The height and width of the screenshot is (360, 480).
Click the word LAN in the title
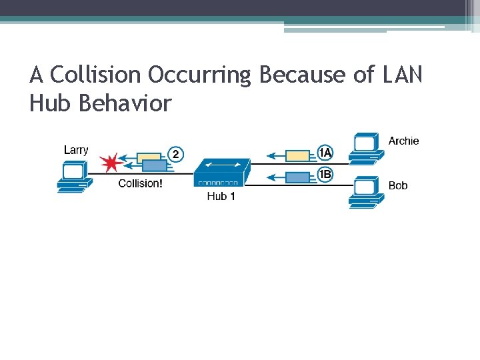tap(402, 75)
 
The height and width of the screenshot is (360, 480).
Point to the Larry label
tap(76, 150)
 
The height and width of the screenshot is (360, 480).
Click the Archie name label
tap(404, 141)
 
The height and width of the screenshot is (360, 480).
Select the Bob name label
tap(398, 185)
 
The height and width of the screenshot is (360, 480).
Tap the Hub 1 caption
tap(221, 196)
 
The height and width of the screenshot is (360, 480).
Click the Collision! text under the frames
tap(140, 183)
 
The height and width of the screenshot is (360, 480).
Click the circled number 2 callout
tap(175, 155)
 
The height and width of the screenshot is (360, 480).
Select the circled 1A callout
tap(325, 153)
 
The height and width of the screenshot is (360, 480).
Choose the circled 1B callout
tap(325, 175)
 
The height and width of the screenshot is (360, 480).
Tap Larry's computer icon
tap(71, 178)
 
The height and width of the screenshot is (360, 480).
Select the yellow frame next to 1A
tap(298, 155)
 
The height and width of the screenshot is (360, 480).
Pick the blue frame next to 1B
tap(298, 177)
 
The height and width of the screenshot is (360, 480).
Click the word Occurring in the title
tap(199, 75)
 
